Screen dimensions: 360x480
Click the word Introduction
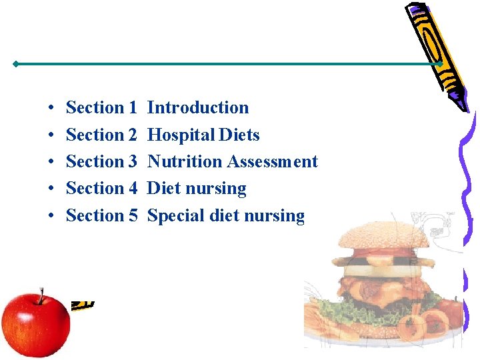click(x=197, y=107)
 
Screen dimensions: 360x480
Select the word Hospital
click(x=173, y=135)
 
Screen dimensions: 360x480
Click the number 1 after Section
click(x=132, y=107)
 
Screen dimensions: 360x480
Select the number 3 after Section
click(x=132, y=161)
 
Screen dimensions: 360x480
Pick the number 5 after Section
click(x=132, y=216)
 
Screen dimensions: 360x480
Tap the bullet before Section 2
click(x=51, y=135)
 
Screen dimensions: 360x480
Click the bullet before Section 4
click(x=51, y=189)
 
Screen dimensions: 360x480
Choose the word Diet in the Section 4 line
click(x=163, y=189)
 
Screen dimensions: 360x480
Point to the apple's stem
click(x=41, y=294)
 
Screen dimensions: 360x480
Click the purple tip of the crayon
click(x=459, y=103)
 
